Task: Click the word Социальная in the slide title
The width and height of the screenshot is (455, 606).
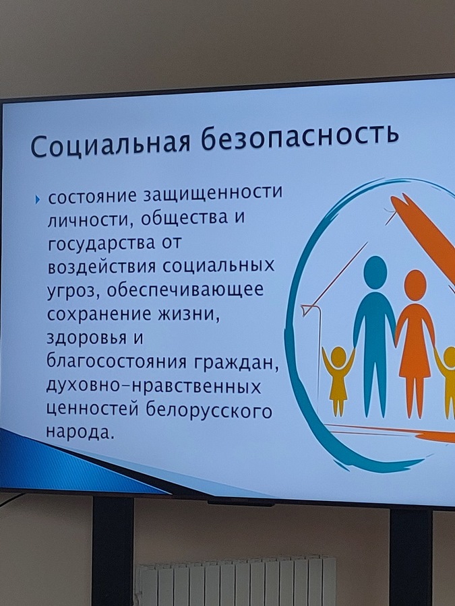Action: (x=110, y=143)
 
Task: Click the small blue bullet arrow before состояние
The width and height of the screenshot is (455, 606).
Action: (x=37, y=200)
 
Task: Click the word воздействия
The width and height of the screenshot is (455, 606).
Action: (x=101, y=267)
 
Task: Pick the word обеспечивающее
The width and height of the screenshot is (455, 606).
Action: (x=185, y=290)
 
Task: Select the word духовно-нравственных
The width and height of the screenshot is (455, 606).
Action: (x=154, y=387)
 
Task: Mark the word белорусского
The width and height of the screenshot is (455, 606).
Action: (x=209, y=411)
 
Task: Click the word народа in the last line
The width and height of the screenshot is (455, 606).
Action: (x=80, y=432)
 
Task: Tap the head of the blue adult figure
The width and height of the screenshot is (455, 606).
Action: (x=375, y=272)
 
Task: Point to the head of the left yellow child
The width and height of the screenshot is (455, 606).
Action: (x=338, y=357)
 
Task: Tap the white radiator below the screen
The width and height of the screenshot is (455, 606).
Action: (x=237, y=582)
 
